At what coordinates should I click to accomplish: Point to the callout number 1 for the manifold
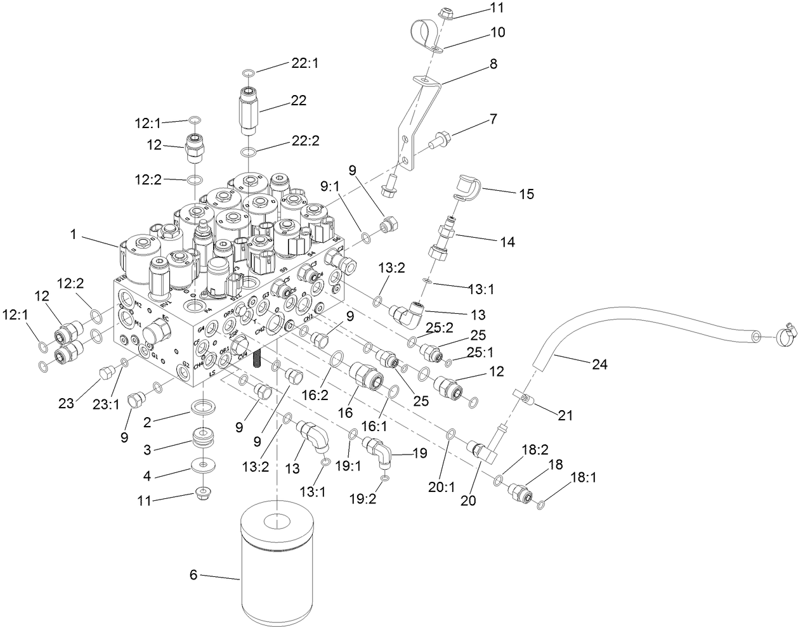pos(73,234)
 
